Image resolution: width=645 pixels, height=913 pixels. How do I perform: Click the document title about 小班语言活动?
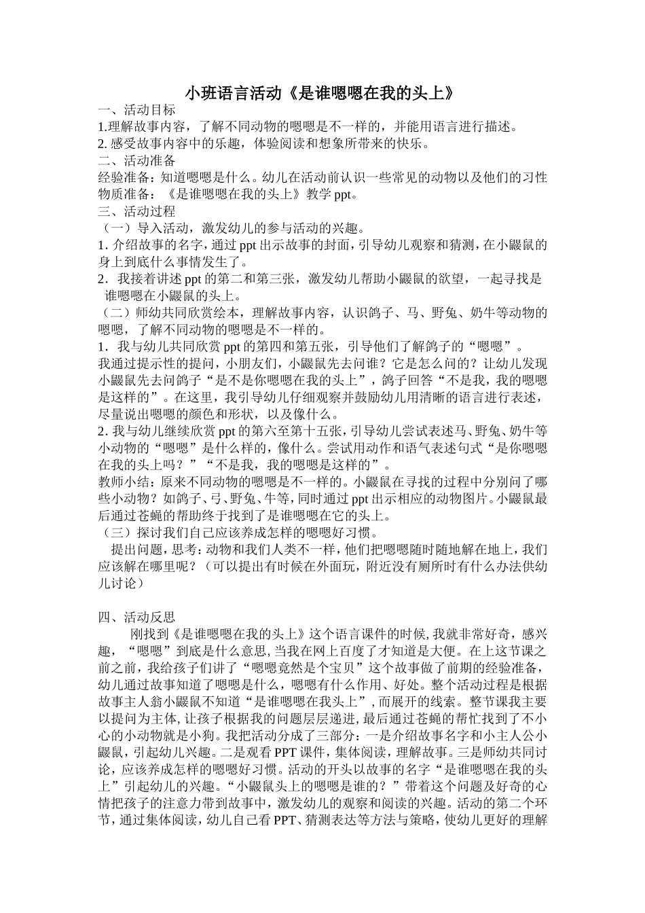pyautogui.click(x=319, y=92)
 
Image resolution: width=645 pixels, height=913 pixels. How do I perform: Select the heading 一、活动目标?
pyautogui.click(x=136, y=109)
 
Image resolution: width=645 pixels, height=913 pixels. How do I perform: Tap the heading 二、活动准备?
pyautogui.click(x=136, y=160)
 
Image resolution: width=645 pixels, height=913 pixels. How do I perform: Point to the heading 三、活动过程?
pyautogui.click(x=136, y=211)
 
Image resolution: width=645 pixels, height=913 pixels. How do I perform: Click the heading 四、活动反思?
pyautogui.click(x=136, y=617)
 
